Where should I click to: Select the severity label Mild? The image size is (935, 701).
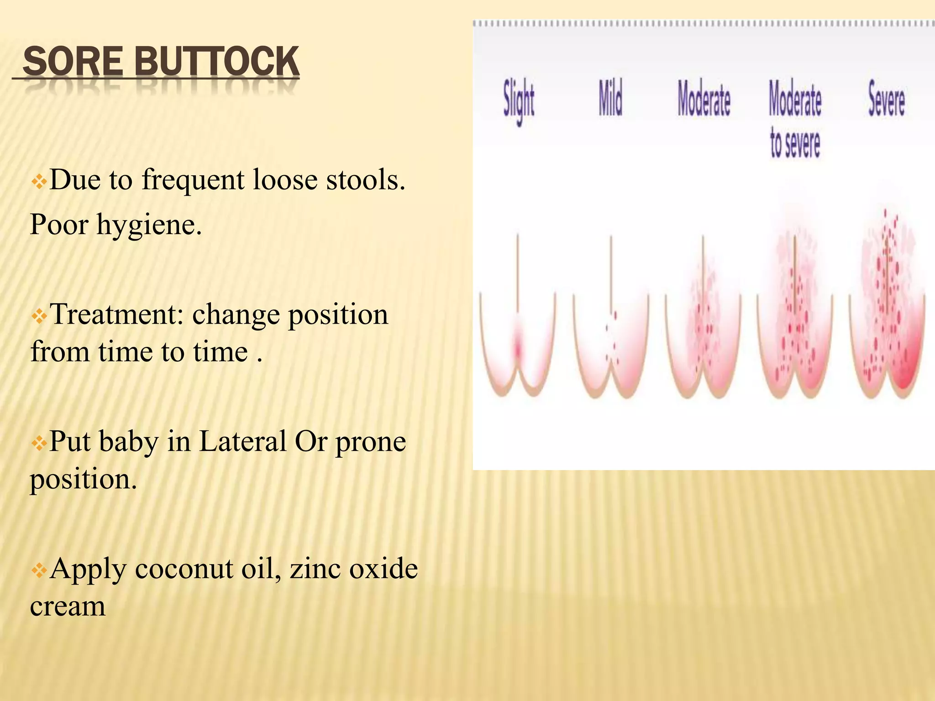tap(610, 98)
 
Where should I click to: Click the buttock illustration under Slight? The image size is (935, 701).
tap(518, 338)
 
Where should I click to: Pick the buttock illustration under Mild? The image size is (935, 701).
tap(611, 338)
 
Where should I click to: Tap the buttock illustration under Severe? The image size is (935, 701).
tap(887, 319)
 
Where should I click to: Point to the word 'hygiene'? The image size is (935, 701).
tap(148, 225)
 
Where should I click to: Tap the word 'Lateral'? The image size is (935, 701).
tap(243, 441)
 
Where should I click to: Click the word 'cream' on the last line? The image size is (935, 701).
tap(68, 607)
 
